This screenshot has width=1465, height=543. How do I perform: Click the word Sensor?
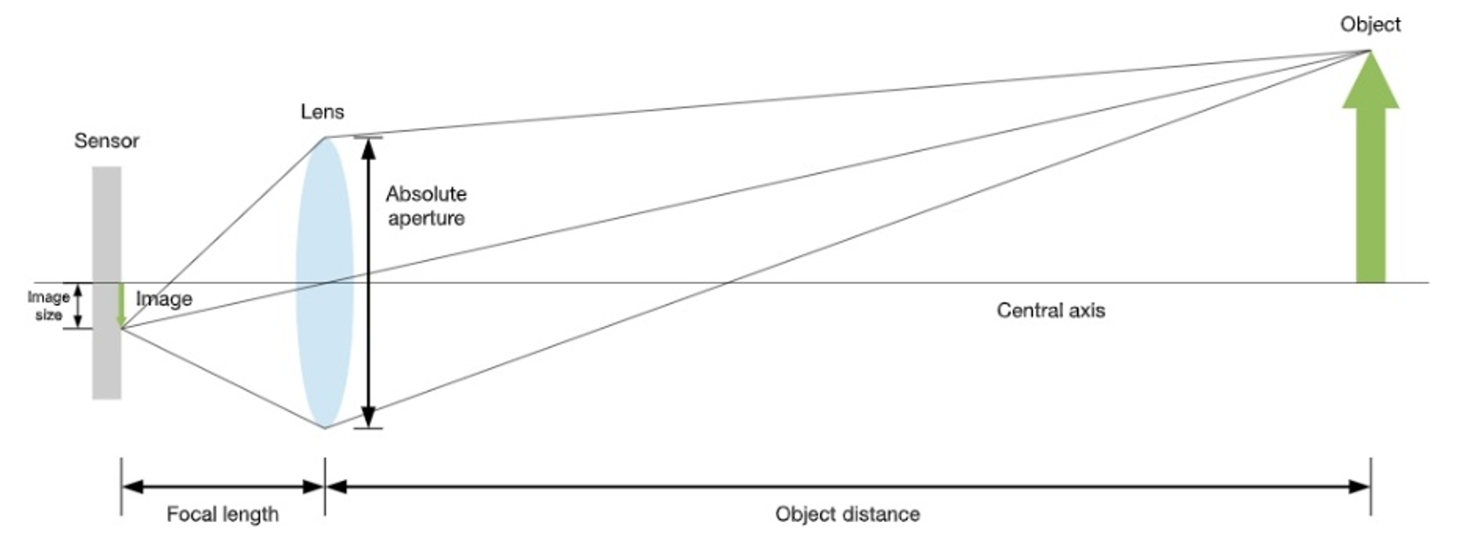pos(106,141)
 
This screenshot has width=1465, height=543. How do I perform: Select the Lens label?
pos(322,111)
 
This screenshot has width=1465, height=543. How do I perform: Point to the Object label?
pos(1370,24)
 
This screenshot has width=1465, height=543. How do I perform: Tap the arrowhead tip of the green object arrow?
pos(1370,53)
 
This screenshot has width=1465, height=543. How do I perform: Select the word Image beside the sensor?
pos(164,299)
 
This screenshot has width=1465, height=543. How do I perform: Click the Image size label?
pos(48,306)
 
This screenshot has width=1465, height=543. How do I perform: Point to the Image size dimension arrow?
pos(78,306)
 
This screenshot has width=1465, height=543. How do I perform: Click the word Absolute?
pos(426,194)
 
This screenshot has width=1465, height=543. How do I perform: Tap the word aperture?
pos(426,219)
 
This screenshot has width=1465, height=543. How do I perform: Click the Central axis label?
pos(1050,311)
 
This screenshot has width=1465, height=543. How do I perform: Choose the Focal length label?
pos(222,514)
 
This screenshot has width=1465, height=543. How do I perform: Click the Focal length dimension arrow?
pos(223,487)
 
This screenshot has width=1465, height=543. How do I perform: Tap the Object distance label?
pos(847,514)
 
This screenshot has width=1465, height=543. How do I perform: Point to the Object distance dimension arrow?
pos(847,487)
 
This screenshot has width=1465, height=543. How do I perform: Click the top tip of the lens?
pos(325,138)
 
